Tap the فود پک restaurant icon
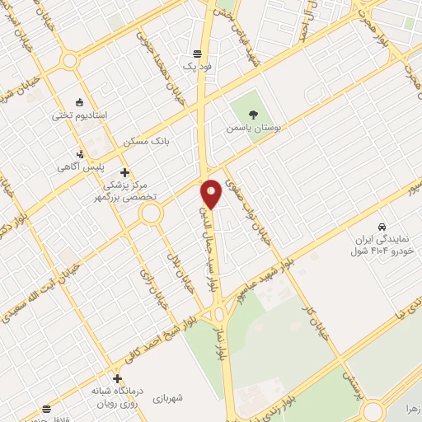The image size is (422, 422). click(x=198, y=51)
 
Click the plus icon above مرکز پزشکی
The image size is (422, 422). click(x=124, y=172)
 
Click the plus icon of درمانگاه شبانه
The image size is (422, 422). click(x=117, y=378)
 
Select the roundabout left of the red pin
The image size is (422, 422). click(x=151, y=214)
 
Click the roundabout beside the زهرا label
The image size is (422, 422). click(x=373, y=410)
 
